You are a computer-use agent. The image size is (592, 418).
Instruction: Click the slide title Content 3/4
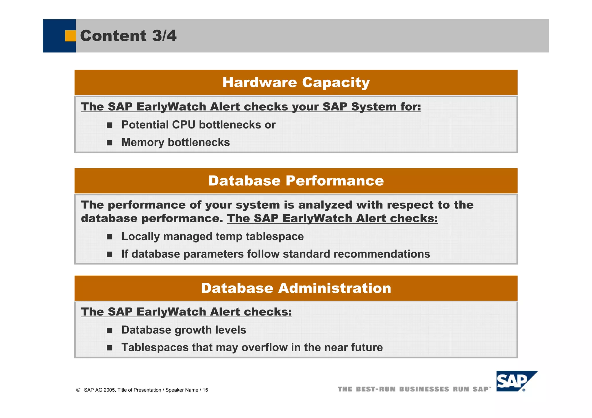point(128,36)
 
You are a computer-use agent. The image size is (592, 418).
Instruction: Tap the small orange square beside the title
point(70,36)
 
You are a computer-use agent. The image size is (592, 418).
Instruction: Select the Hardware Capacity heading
point(296,83)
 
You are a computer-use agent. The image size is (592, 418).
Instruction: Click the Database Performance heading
point(296,181)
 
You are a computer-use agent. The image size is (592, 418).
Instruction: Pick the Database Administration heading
point(296,288)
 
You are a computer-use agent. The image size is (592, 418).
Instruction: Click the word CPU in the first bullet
point(183,125)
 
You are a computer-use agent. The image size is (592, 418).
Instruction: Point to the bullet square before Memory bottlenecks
point(109,143)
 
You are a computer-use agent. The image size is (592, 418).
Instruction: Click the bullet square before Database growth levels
point(109,330)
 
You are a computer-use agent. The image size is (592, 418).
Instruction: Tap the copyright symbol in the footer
point(78,390)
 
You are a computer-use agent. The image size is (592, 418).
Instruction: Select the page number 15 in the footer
point(205,390)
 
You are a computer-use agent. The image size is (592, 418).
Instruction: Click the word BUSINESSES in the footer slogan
point(424,389)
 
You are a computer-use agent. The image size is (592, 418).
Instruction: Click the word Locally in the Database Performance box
point(140,236)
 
